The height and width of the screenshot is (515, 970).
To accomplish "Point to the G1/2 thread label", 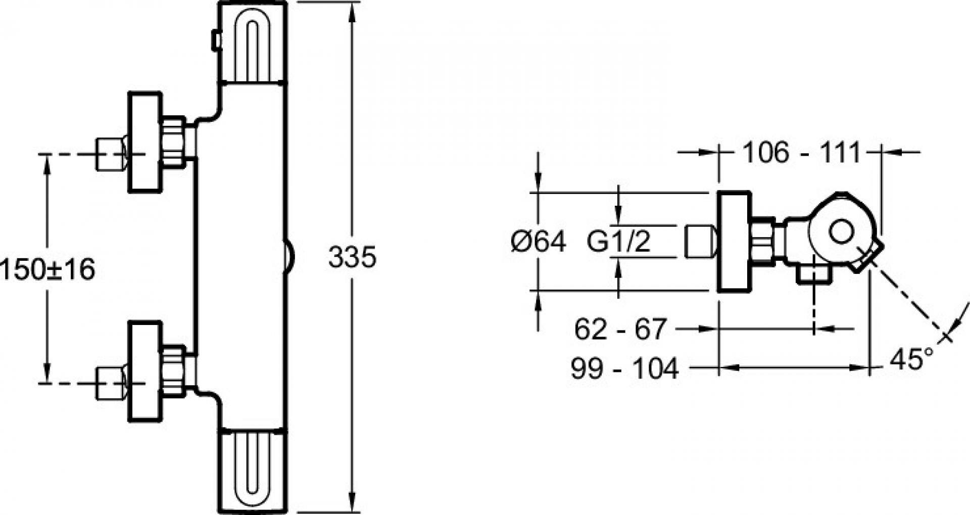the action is (618, 242).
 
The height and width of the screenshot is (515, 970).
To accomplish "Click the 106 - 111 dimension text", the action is (800, 152).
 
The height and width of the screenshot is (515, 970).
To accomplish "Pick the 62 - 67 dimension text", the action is (621, 329).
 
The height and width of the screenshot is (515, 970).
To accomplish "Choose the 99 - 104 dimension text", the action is (624, 368).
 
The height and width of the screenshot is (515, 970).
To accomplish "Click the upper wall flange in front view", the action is (145, 142).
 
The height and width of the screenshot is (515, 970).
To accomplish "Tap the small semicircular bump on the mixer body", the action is (290, 256).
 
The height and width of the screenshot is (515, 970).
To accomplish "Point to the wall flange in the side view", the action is (734, 242).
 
